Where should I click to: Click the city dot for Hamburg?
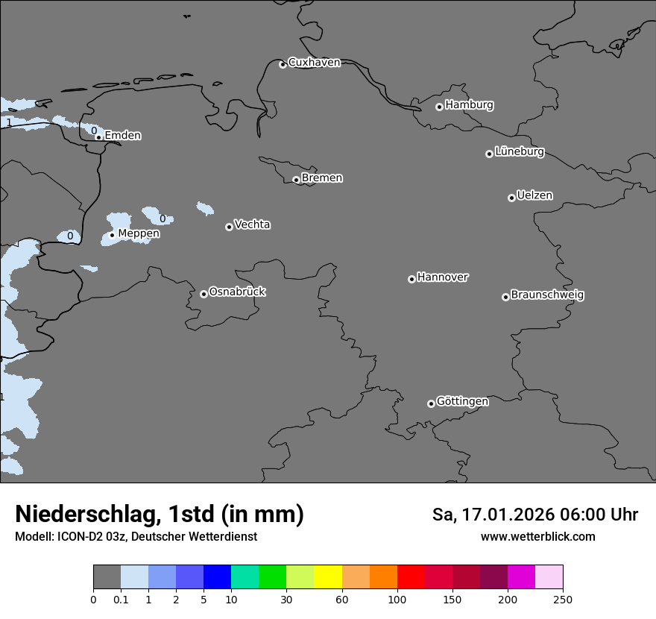point(439,107)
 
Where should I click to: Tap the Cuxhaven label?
point(314,63)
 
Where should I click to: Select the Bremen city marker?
point(296,180)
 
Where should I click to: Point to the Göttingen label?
point(462,402)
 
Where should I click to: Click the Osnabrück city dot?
point(204,294)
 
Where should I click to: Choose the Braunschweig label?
point(547,295)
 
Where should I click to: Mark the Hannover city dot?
point(411,279)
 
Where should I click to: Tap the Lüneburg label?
point(520,152)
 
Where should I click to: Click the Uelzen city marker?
point(511,198)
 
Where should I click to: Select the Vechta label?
point(252,225)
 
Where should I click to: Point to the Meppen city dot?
point(112,235)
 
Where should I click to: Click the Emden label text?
point(122,136)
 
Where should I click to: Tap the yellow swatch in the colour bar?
point(328,577)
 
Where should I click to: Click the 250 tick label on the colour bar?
point(563,600)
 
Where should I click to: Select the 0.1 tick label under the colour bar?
point(121,600)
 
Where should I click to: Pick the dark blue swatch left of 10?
point(217,577)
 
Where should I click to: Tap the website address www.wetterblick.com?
point(537,537)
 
